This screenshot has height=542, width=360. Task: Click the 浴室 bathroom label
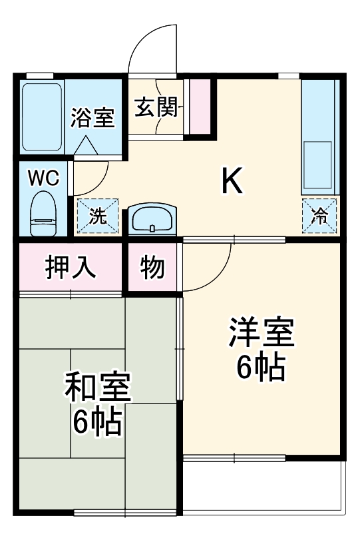(93, 119)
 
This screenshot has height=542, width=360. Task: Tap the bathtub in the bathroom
(43, 117)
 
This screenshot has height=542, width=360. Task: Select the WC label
(43, 178)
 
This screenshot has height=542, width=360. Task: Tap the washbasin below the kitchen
(152, 218)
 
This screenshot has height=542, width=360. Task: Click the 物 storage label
(152, 267)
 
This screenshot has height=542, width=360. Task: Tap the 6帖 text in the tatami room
(97, 422)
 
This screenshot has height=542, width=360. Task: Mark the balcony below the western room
(264, 486)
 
